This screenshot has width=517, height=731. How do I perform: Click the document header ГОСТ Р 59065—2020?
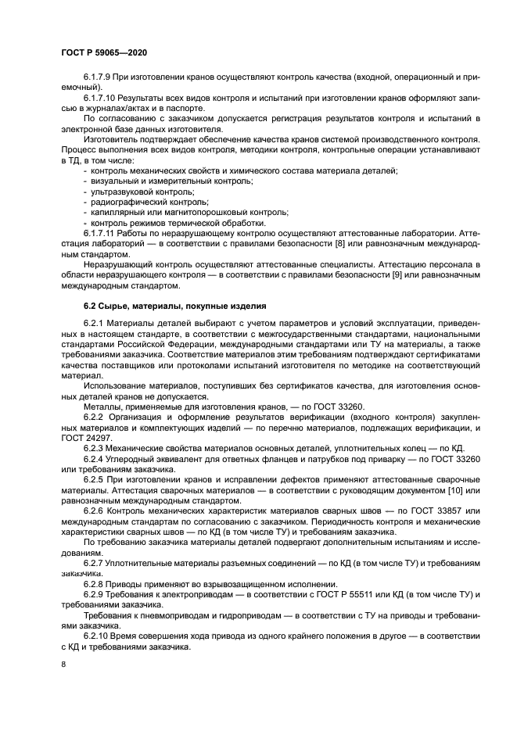(104, 52)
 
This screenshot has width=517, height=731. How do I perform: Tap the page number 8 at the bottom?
(63, 664)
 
